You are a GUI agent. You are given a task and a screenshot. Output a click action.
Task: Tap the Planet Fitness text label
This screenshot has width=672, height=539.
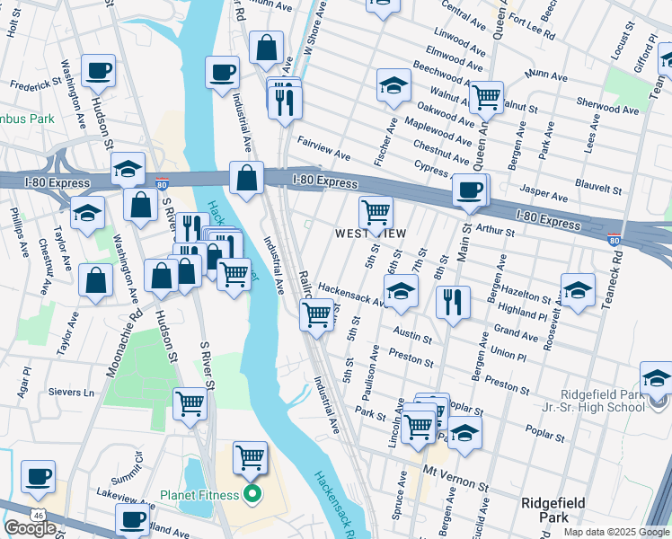(202, 494)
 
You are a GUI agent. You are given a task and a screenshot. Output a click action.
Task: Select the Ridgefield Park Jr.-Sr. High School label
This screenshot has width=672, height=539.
(602, 401)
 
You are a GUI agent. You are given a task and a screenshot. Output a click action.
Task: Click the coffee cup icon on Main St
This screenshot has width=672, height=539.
(470, 190)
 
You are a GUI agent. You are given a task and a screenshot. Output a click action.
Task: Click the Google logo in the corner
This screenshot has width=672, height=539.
(30, 527)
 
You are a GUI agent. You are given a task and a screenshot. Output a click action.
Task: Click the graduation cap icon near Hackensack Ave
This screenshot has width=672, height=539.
(401, 290)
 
